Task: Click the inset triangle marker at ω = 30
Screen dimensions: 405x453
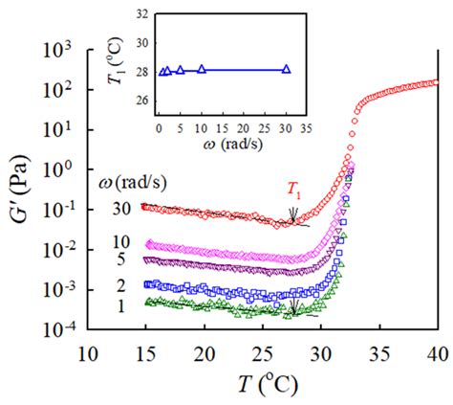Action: tap(286, 70)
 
